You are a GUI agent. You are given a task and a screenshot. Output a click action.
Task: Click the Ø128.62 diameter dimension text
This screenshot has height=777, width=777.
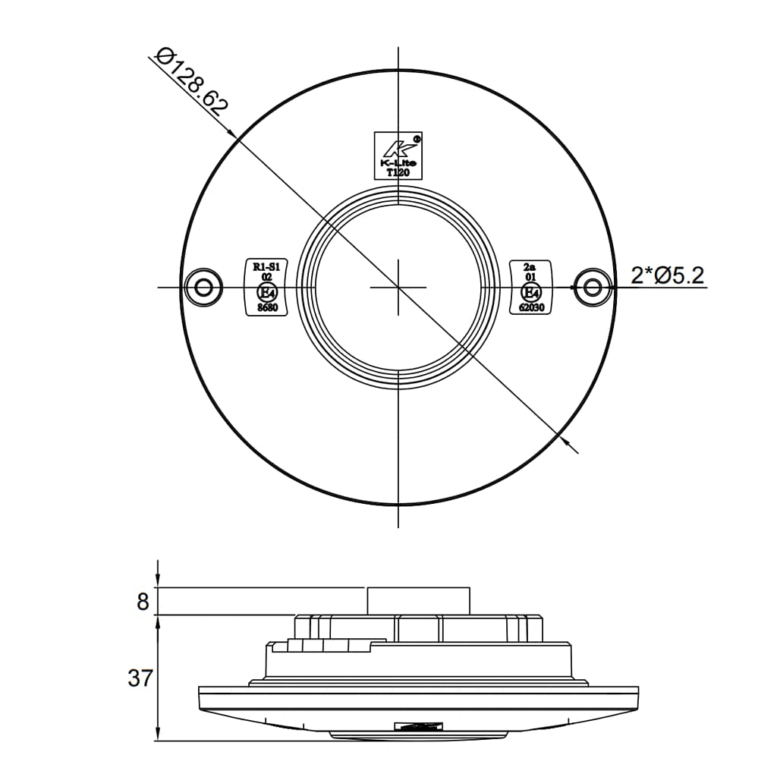pyautogui.click(x=191, y=82)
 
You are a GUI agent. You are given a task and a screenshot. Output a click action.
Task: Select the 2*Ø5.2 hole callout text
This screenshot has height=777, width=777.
pyautogui.click(x=667, y=275)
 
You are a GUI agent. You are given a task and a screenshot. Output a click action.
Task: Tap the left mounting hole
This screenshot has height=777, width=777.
pyautogui.click(x=203, y=288)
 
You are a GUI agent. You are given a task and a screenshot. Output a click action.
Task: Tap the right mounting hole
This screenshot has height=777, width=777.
pyautogui.click(x=593, y=286)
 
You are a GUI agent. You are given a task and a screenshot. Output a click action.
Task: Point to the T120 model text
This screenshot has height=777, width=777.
pyautogui.click(x=398, y=173)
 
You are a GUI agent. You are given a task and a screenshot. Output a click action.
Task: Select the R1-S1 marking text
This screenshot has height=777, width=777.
pyautogui.click(x=267, y=266)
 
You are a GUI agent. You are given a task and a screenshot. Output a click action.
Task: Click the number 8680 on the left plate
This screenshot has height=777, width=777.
pyautogui.click(x=267, y=308)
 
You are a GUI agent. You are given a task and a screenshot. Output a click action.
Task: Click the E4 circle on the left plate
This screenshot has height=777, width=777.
pyautogui.click(x=267, y=293)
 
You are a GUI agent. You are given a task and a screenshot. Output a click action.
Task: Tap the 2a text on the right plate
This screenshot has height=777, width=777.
pyautogui.click(x=530, y=266)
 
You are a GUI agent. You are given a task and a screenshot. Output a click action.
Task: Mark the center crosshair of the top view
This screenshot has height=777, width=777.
pyautogui.click(x=398, y=288)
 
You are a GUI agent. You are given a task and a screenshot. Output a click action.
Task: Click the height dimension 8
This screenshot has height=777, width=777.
pyautogui.click(x=143, y=602)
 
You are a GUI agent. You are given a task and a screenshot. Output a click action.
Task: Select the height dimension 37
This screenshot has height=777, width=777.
pyautogui.click(x=140, y=678)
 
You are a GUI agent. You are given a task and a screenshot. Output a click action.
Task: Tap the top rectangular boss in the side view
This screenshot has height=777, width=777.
pyautogui.click(x=418, y=600)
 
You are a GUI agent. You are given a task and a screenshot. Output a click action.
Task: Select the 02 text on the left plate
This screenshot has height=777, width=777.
pyautogui.click(x=267, y=278)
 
